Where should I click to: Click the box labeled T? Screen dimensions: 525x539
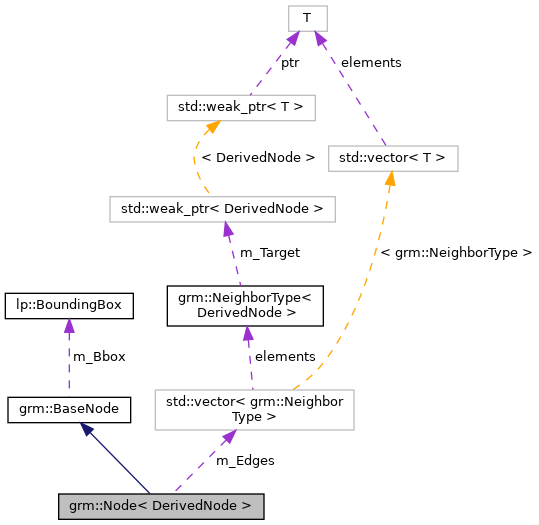307,17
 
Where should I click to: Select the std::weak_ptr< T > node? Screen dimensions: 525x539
242,107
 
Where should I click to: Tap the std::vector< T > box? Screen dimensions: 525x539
393,158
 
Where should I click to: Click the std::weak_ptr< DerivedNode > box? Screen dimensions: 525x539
221,209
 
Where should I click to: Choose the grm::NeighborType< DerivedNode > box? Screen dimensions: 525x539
245,304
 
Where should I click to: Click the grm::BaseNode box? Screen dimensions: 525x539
69,408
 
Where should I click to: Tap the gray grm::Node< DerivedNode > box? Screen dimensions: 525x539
161,506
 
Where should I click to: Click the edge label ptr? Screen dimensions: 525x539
290,62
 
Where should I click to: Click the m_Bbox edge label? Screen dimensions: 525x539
99,356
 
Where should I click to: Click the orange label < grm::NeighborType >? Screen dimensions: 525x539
456,253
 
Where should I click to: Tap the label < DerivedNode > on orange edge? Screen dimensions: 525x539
258,157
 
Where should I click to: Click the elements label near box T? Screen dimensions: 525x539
371,62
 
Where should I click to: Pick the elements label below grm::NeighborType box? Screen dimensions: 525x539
285,356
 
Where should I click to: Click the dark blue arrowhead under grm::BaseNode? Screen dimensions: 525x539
88,428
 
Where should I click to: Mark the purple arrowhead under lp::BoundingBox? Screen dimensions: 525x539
68,325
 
